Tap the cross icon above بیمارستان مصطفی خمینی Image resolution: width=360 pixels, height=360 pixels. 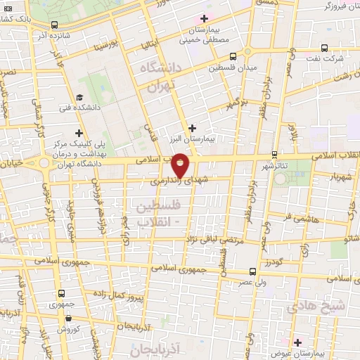pyautogui.click(x=205, y=18)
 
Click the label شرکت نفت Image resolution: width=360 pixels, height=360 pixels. pyautogui.click(x=328, y=58)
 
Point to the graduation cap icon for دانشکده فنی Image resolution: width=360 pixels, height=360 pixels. pyautogui.click(x=79, y=97)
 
